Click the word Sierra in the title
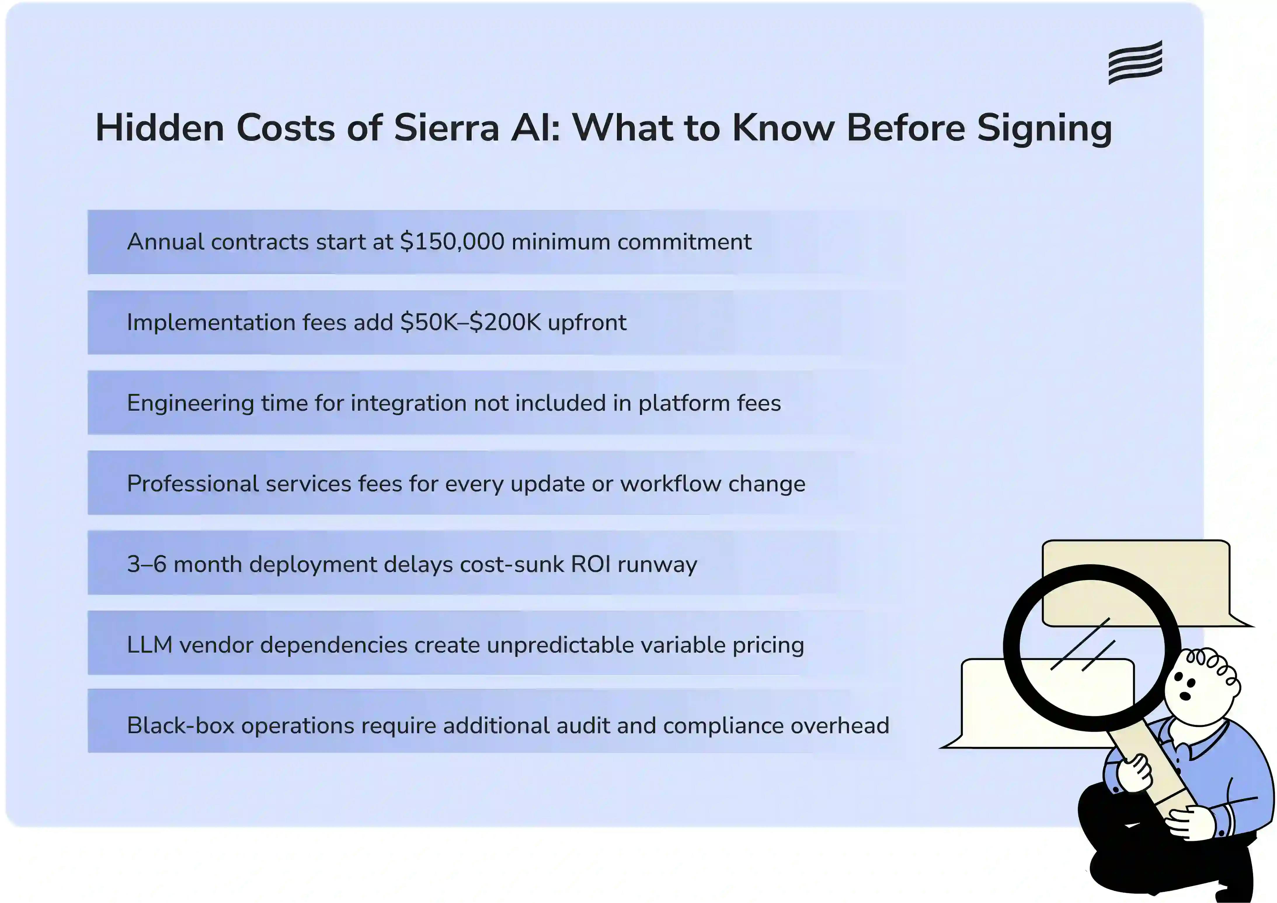point(447,128)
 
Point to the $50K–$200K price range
point(470,322)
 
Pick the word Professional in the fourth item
point(192,483)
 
